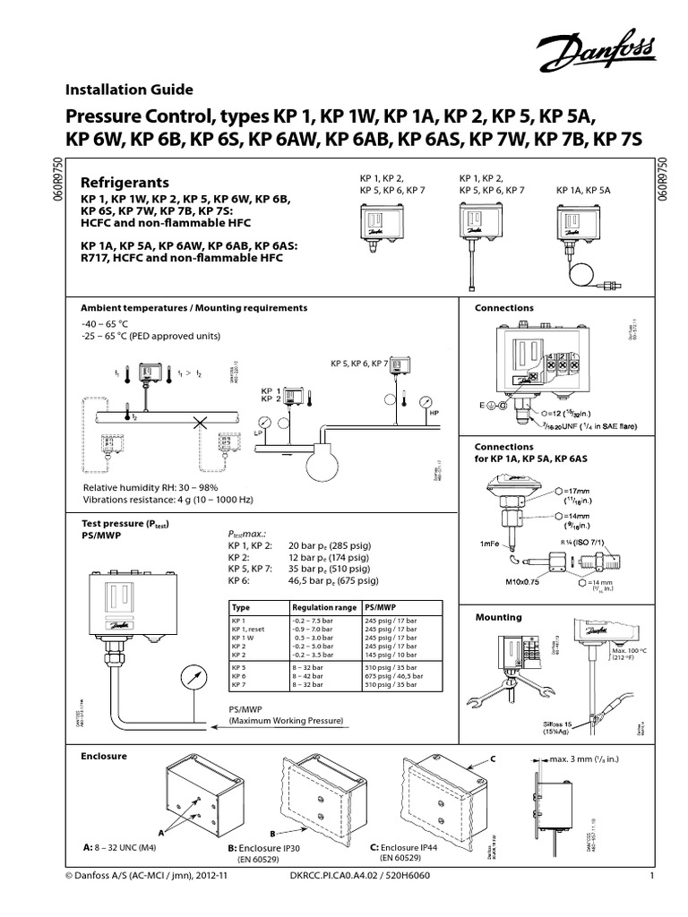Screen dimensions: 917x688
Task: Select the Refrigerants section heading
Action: click(125, 183)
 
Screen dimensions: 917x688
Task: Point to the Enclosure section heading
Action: click(104, 757)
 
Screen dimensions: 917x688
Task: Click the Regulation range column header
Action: click(322, 606)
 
